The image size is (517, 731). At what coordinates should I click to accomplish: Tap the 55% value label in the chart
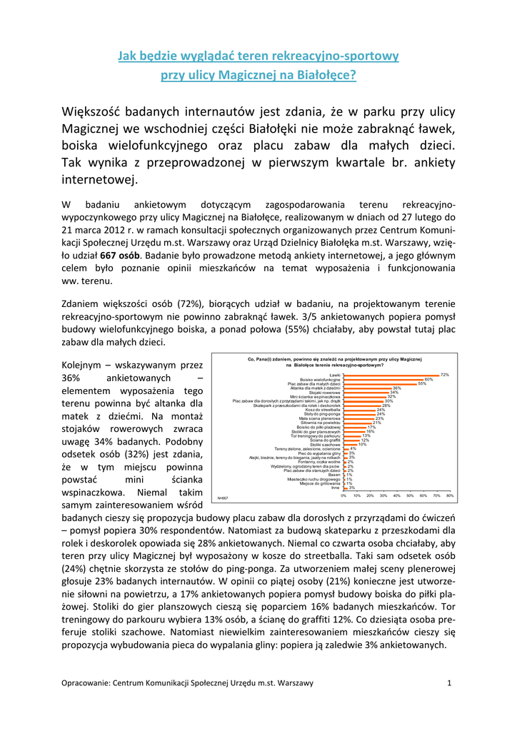click(422, 383)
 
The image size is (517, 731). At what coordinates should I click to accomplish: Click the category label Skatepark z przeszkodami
click(300, 405)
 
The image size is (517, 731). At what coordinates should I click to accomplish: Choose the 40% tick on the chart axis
click(397, 515)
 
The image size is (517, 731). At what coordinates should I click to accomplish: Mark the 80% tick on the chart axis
click(450, 515)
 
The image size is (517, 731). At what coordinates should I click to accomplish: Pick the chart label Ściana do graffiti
click(325, 440)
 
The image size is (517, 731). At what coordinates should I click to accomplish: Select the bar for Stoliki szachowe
click(350, 444)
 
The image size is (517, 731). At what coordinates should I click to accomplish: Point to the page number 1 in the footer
click(450, 683)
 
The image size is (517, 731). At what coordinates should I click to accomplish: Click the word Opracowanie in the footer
click(86, 683)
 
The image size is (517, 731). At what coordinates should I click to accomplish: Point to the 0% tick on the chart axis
click(343, 515)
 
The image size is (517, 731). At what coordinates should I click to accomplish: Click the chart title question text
click(335, 361)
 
